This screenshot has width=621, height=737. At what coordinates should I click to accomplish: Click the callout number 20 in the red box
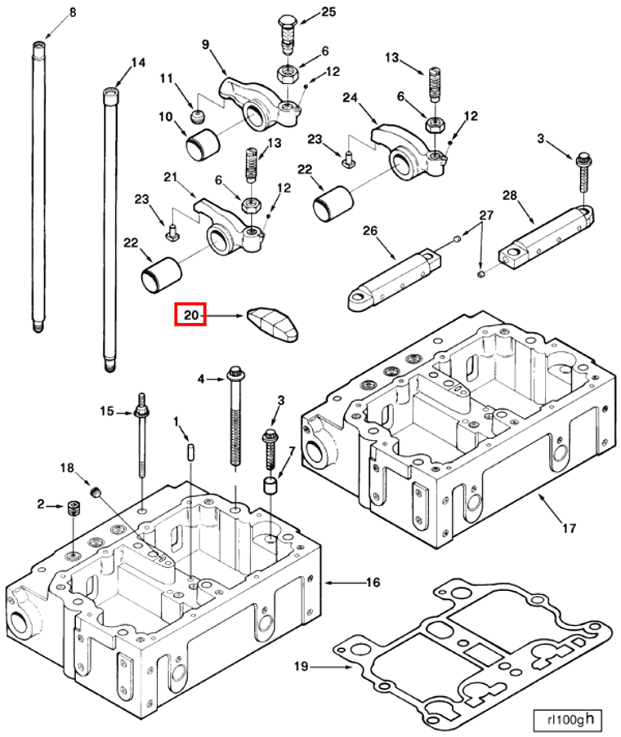point(190,314)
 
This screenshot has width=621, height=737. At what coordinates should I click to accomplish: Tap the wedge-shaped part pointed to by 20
point(273,323)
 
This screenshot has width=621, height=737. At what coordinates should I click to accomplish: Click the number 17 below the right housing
point(569,528)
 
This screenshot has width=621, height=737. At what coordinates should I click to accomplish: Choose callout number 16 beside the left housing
point(373,583)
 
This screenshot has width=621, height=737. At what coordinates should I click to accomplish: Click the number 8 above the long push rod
point(72,11)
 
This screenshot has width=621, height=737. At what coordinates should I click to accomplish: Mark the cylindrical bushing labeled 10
point(201,147)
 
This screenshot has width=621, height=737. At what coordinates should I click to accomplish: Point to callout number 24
point(351,98)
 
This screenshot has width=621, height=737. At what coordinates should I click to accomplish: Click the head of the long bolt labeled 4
point(235,373)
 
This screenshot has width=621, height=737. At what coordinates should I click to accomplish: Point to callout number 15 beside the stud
point(108,410)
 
